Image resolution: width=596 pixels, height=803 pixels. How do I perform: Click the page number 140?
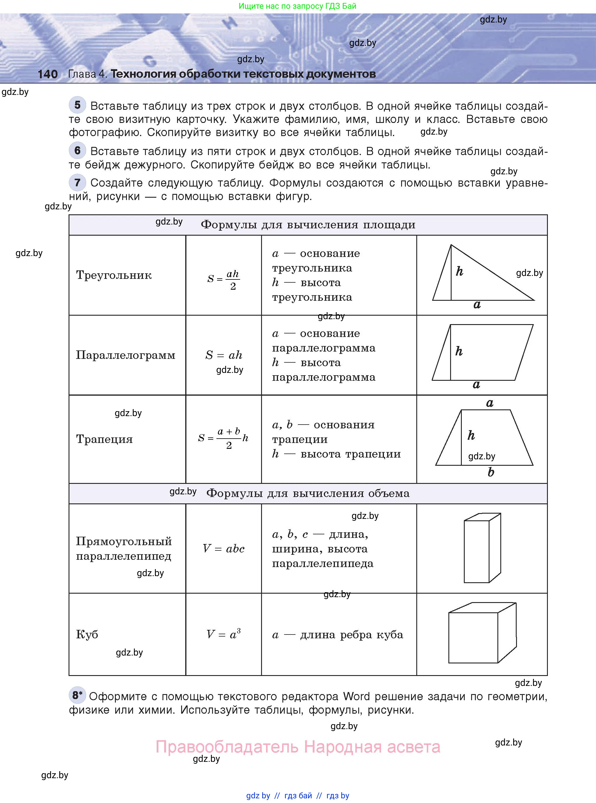pyautogui.click(x=48, y=74)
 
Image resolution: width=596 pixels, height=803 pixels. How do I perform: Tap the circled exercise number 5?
pyautogui.click(x=77, y=105)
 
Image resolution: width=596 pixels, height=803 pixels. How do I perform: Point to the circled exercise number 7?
pyautogui.click(x=77, y=182)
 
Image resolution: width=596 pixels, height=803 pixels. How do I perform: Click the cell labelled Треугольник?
pyautogui.click(x=114, y=275)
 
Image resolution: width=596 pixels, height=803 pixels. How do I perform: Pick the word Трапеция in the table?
pyautogui.click(x=104, y=439)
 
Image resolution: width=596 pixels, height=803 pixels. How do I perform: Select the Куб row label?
pyautogui.click(x=87, y=635)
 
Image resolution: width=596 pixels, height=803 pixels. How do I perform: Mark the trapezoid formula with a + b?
pyautogui.click(x=223, y=438)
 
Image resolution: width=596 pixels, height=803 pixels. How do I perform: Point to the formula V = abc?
pyautogui.click(x=224, y=549)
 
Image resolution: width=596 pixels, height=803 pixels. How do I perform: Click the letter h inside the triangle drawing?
pyautogui.click(x=459, y=271)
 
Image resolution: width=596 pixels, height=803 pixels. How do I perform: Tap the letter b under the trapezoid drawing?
pyautogui.click(x=491, y=472)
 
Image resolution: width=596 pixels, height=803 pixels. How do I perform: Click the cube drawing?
pyautogui.click(x=482, y=632)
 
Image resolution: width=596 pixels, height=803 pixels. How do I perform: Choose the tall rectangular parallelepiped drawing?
pyautogui.click(x=482, y=548)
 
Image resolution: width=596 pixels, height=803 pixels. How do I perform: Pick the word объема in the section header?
pyautogui.click(x=389, y=493)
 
